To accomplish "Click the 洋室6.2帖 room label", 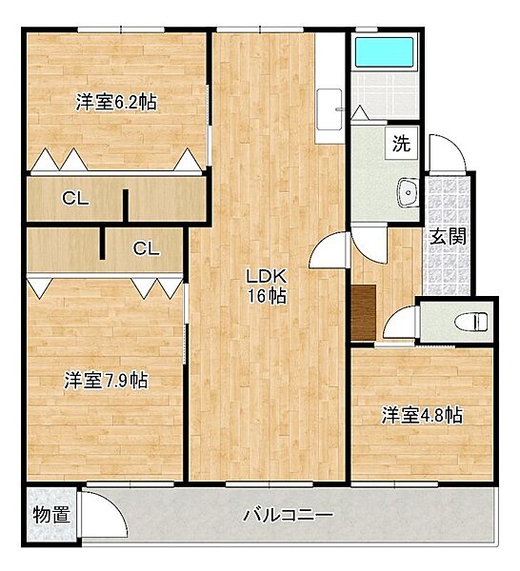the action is pyautogui.click(x=116, y=102).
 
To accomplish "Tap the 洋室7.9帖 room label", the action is pyautogui.click(x=106, y=381).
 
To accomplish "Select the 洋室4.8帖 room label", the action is pyautogui.click(x=422, y=415).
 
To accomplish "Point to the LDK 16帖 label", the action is pyautogui.click(x=267, y=286).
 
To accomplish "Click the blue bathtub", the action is pyautogui.click(x=384, y=52).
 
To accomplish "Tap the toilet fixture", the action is pyautogui.click(x=470, y=322).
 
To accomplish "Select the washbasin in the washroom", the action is pyautogui.click(x=407, y=192).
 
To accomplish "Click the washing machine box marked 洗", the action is pyautogui.click(x=401, y=143).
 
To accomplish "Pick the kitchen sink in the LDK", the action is pyautogui.click(x=330, y=109).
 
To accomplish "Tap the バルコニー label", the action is pyautogui.click(x=289, y=515).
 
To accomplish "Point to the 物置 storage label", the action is pyautogui.click(x=51, y=515).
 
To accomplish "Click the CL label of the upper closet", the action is pyautogui.click(x=75, y=198).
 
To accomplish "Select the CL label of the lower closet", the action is pyautogui.click(x=146, y=248).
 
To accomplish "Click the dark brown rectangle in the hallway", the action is pyautogui.click(x=364, y=312).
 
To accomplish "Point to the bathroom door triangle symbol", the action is pyautogui.click(x=360, y=112).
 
